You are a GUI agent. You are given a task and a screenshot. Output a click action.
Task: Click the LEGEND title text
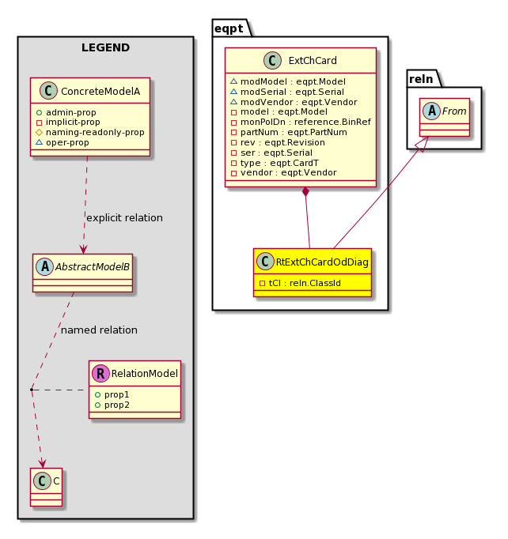tap(105, 47)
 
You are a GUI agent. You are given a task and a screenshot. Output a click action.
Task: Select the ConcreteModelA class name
tap(100, 92)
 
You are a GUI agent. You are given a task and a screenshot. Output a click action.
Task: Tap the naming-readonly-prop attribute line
tap(90, 132)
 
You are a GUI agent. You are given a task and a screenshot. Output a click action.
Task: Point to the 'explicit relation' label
tap(124, 218)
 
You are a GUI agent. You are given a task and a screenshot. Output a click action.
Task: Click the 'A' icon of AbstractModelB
tap(45, 267)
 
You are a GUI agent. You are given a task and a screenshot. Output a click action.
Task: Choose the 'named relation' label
tap(99, 330)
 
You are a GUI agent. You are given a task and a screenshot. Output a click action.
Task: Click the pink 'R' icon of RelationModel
tap(100, 373)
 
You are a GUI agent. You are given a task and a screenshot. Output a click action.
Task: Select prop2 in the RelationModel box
tap(112, 405)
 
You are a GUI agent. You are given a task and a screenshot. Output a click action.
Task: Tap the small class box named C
tap(46, 487)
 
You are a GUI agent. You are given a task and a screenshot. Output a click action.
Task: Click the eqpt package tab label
tap(229, 29)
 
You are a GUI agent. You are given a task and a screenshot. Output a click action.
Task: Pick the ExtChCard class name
tap(313, 61)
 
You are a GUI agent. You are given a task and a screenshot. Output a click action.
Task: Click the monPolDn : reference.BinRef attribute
tap(301, 122)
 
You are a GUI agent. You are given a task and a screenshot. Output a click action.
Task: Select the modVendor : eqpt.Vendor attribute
tap(294, 102)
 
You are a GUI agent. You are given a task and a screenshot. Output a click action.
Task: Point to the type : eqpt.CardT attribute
tap(275, 163)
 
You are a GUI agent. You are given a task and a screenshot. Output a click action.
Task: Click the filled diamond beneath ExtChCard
tap(305, 192)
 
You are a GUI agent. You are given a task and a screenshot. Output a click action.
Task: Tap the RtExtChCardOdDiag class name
tap(322, 262)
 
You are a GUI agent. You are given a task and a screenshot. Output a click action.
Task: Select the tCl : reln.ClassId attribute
tap(300, 283)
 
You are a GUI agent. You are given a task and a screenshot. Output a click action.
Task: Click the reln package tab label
tap(421, 79)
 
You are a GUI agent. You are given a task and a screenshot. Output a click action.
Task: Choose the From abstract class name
tap(454, 111)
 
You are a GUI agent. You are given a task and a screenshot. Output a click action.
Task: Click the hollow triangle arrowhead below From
tap(423, 144)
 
